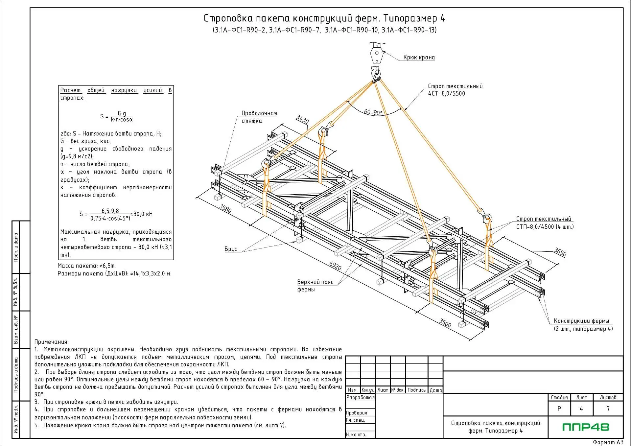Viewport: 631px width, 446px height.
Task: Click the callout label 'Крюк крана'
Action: pyautogui.click(x=419, y=58)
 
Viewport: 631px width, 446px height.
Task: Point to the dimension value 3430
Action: pyautogui.click(x=302, y=119)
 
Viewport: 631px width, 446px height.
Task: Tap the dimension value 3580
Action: pyautogui.click(x=225, y=208)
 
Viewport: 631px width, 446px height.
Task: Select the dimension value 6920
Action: pyautogui.click(x=335, y=266)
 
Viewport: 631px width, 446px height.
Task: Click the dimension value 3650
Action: pyautogui.click(x=560, y=252)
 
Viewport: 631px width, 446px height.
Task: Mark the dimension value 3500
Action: pyautogui.click(x=445, y=323)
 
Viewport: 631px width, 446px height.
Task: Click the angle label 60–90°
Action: pyautogui.click(x=373, y=112)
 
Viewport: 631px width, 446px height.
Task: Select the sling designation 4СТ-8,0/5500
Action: pyautogui.click(x=446, y=94)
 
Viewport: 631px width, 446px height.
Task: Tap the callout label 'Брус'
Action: pyautogui.click(x=231, y=249)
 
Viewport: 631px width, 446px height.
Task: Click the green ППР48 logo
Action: pyautogui.click(x=586, y=427)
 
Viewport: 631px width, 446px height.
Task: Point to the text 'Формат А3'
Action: pyautogui.click(x=608, y=442)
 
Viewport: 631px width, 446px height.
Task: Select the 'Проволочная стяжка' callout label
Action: pyautogui.click(x=259, y=117)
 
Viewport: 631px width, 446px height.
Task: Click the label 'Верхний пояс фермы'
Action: pyautogui.click(x=315, y=286)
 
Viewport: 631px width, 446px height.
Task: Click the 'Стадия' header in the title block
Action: pyautogui.click(x=559, y=397)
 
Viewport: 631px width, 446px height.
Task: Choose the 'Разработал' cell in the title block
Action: pyautogui.click(x=360, y=397)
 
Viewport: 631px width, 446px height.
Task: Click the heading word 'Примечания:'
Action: pyautogui.click(x=52, y=342)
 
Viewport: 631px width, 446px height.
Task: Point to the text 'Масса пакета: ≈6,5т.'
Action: pyautogui.click(x=87, y=266)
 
